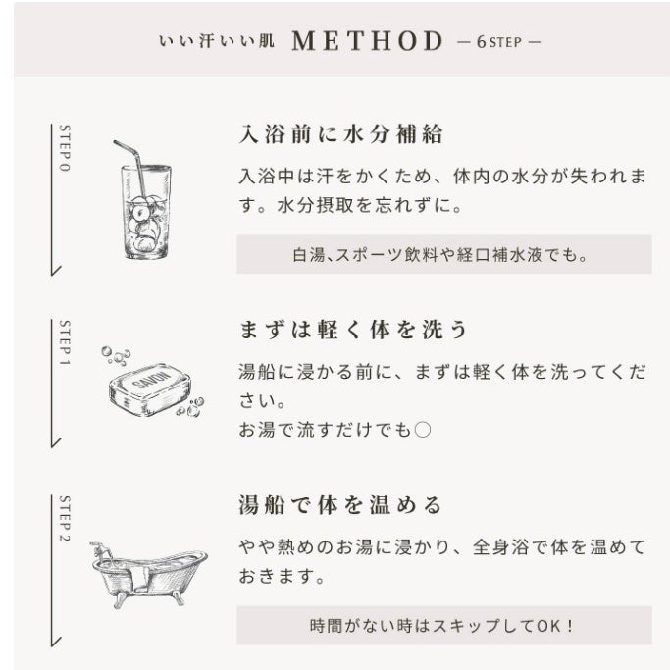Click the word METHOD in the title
click(367, 41)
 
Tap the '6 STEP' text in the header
click(499, 42)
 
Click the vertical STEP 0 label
click(65, 148)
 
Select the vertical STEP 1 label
click(65, 342)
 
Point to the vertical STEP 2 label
click(65, 519)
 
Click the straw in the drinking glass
click(129, 168)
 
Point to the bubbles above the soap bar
click(116, 355)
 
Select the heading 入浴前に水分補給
click(340, 134)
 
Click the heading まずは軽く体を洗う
click(352, 330)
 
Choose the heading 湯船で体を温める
click(340, 505)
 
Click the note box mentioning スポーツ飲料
click(444, 254)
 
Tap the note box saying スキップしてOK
click(444, 625)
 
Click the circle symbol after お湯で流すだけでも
click(423, 430)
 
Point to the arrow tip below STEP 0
click(52, 275)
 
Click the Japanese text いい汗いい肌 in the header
click(216, 41)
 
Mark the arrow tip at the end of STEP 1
click(52, 446)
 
